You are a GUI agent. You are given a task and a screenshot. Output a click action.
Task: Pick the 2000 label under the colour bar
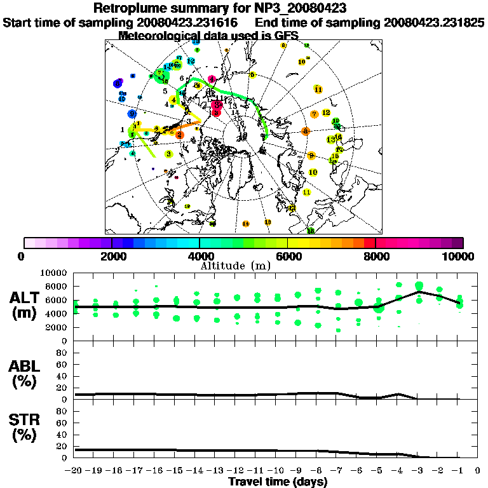pyautogui.click(x=111, y=256)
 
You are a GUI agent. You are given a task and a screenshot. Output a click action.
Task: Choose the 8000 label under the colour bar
pyautogui.click(x=376, y=256)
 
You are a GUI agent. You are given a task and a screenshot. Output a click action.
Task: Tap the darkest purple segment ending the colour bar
pyautogui.click(x=457, y=243)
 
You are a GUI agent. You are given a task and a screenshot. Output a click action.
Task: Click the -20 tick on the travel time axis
pyautogui.click(x=74, y=471)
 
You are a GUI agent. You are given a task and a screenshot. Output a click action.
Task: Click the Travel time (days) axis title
pyautogui.click(x=278, y=482)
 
